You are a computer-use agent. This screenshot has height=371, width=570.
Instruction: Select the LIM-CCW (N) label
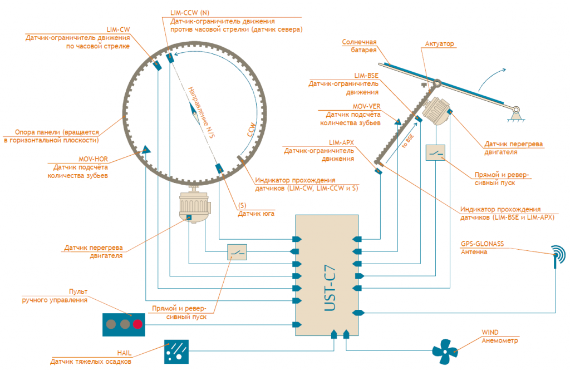pyautogui.click(x=190, y=12)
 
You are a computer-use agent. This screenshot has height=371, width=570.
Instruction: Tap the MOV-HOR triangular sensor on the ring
pyautogui.click(x=146, y=149)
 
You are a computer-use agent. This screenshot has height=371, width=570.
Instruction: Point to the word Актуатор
pyautogui.click(x=440, y=43)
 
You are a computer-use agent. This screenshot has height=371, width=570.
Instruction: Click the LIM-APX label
pyautogui.click(x=341, y=142)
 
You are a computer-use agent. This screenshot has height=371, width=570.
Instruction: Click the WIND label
pyautogui.click(x=490, y=333)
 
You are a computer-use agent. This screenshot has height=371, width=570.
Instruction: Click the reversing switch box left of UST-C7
pyautogui.click(x=239, y=253)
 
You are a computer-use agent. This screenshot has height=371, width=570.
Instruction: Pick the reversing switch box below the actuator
pyautogui.click(x=435, y=152)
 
